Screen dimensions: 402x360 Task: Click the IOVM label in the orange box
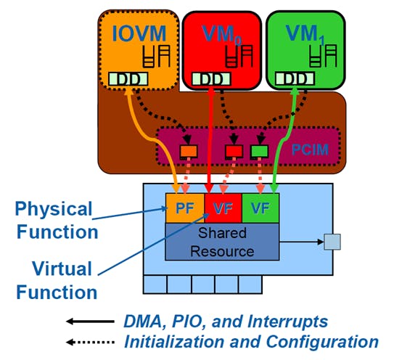point(139,33)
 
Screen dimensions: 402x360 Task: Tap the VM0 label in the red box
point(222,35)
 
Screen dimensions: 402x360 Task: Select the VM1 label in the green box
point(305,35)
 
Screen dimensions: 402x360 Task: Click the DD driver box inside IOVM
point(128,79)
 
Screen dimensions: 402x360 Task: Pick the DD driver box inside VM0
point(211,79)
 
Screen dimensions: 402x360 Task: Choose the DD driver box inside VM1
point(295,79)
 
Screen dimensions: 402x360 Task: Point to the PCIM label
point(311,150)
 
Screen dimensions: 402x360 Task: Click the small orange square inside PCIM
point(189,151)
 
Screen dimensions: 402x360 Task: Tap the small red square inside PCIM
point(234,151)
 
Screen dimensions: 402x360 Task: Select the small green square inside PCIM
point(260,151)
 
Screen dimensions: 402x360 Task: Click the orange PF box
point(185,208)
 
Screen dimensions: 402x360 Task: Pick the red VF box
point(223,208)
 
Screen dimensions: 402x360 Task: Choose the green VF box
point(261,208)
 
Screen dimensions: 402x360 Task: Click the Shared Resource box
point(222,242)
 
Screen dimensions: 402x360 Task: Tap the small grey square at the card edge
point(332,242)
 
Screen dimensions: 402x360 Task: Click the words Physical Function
point(57,220)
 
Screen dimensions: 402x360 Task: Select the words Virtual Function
point(57,280)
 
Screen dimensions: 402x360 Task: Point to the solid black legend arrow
point(90,321)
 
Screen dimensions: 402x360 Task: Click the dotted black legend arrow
point(90,342)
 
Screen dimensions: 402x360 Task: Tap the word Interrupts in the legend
point(288,322)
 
